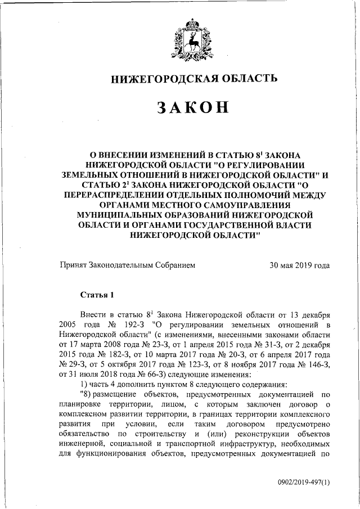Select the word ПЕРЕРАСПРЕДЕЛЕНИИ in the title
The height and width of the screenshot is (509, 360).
134,194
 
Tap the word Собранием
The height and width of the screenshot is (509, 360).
176,265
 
